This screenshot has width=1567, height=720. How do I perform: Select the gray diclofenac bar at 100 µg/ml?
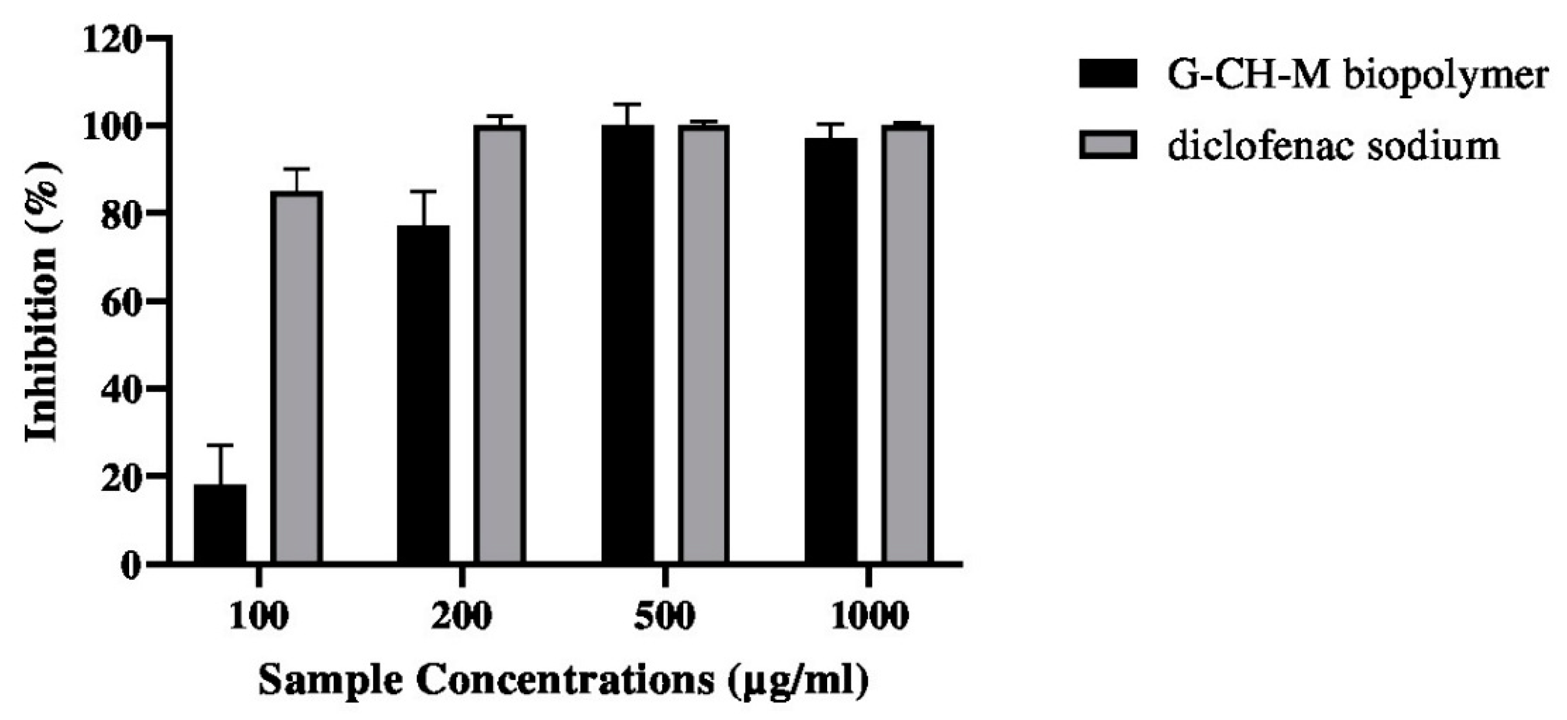tap(296, 377)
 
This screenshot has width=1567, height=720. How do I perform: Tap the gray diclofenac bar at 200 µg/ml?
tap(500, 344)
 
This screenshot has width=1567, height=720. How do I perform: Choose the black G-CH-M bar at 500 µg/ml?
tap(628, 344)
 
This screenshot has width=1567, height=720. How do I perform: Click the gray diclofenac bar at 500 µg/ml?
tap(704, 344)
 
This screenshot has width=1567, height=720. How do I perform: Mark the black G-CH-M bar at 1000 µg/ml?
tap(831, 350)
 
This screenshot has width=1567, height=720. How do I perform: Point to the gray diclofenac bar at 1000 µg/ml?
tap(907, 344)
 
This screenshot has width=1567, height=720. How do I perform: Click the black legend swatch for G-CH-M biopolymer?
tap(1108, 74)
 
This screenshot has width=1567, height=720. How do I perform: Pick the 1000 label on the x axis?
tap(868, 617)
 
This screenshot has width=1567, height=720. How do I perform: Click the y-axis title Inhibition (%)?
tap(42, 302)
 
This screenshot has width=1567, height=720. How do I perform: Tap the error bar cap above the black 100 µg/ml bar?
tap(220, 446)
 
